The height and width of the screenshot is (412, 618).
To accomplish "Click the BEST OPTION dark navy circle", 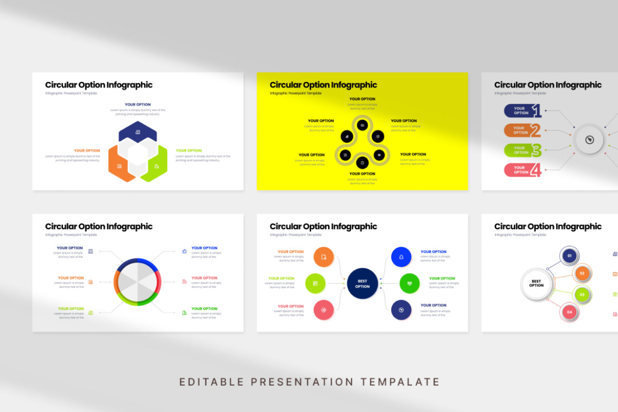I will pos(362,283).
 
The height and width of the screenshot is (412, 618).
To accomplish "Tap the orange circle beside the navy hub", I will pos(323,256).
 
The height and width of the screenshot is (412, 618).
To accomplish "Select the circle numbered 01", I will pos(569,255).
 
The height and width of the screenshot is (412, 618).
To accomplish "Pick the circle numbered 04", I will pos(569,312).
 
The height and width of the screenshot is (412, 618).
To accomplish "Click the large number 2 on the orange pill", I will pos(536,130).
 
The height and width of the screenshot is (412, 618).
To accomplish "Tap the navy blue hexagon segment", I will pos(138,132).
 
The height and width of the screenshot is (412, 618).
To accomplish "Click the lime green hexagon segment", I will pos(157,164).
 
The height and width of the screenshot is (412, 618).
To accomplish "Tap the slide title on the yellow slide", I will pos(323,85).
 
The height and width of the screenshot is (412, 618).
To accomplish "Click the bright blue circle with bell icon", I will pos(401,256).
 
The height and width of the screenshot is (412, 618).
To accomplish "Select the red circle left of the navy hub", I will pos(323,310).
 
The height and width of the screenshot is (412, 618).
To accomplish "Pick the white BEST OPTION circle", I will pos(536,283).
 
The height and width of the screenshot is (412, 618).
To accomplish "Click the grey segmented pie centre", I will pos(138,282).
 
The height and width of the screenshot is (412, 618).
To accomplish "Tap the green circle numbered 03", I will pos(582,295).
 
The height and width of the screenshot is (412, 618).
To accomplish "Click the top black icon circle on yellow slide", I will pos(363,125).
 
